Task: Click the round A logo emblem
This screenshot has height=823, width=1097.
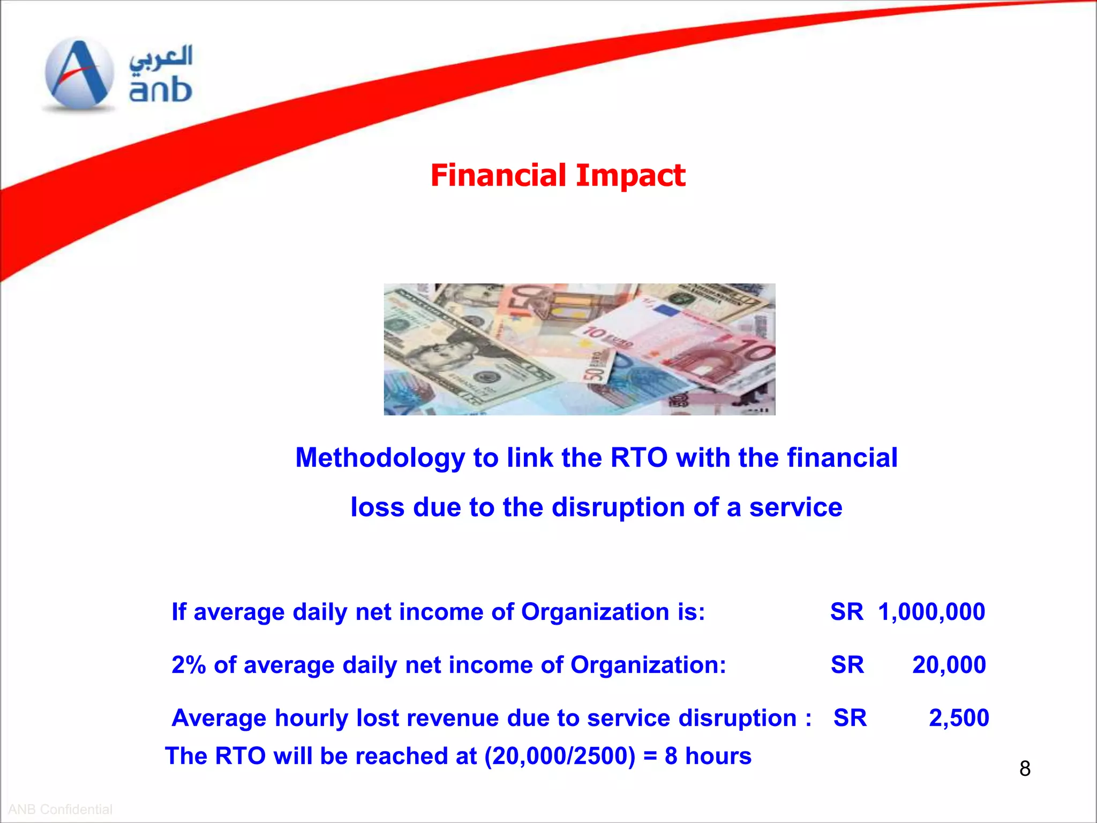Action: tap(79, 74)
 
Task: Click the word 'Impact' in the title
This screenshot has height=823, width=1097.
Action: tap(630, 176)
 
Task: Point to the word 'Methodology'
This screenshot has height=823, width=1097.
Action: tap(380, 458)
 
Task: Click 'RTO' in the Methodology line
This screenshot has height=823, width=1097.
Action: tap(639, 458)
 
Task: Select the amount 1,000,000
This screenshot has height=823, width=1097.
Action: tap(931, 612)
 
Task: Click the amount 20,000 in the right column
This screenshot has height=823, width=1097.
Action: tap(949, 665)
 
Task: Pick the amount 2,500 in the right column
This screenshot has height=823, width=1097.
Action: tap(958, 718)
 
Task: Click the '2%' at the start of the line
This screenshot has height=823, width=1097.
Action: tap(189, 665)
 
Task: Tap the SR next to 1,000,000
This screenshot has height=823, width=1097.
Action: tap(846, 612)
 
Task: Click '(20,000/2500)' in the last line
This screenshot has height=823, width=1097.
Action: tap(560, 756)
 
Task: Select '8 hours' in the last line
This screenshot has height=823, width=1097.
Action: tap(708, 756)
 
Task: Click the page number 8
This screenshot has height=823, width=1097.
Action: tap(1025, 769)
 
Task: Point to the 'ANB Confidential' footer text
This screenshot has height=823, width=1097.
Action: tap(60, 809)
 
